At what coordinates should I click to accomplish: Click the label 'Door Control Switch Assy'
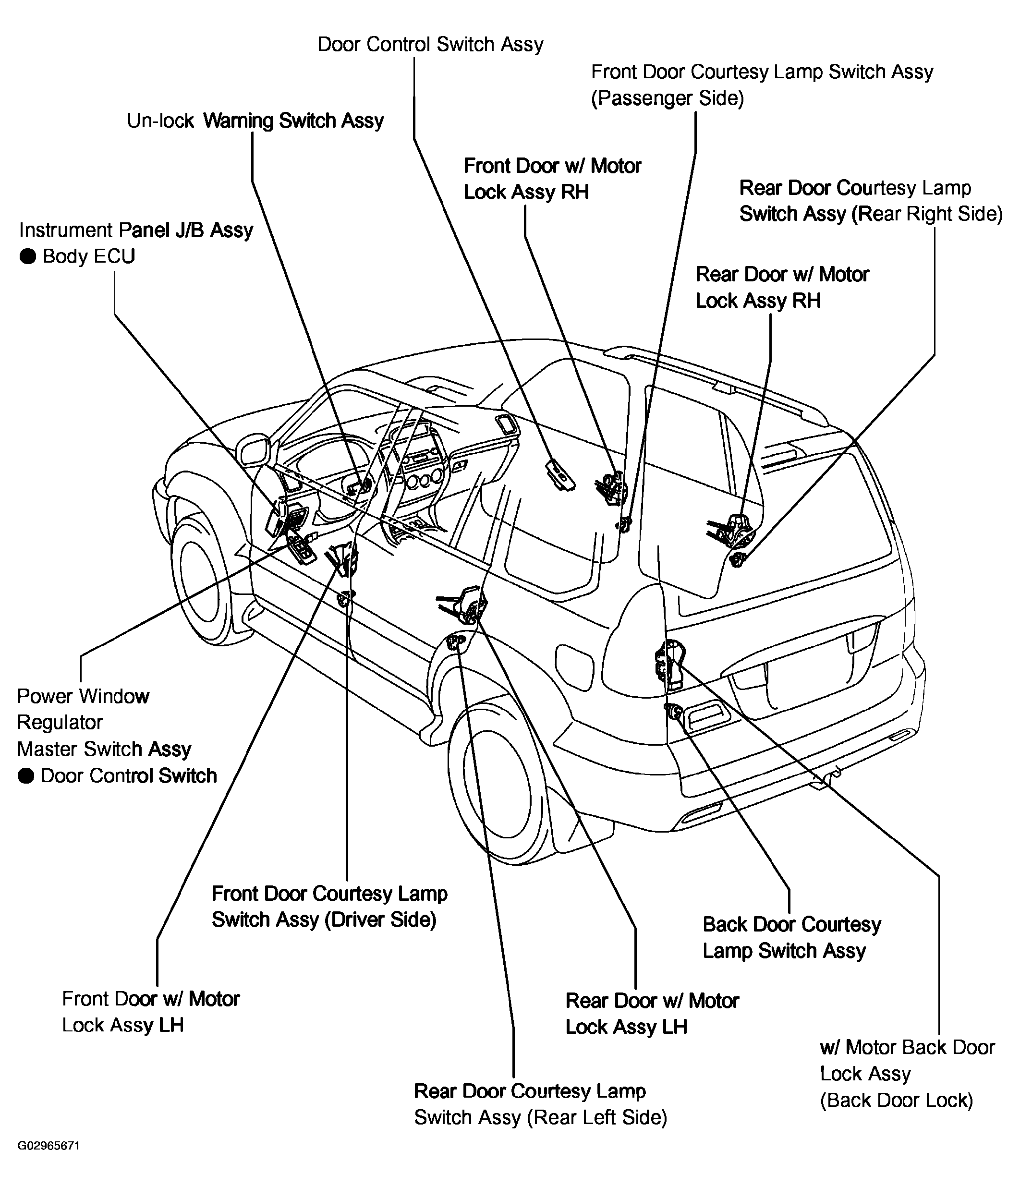click(430, 45)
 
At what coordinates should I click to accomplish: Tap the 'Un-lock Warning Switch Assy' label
click(255, 121)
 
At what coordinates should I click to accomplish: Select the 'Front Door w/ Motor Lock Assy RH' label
click(552, 179)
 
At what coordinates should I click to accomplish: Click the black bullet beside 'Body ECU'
click(27, 256)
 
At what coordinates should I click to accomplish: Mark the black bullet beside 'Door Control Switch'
click(26, 776)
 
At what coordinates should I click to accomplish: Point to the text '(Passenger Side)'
click(668, 98)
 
